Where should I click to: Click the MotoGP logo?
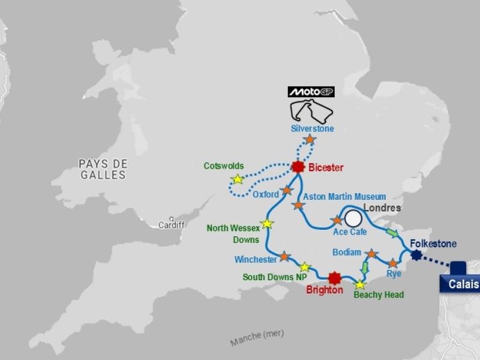(x=311, y=92)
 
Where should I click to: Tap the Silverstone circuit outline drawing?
(x=311, y=110)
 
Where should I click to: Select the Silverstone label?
(x=312, y=128)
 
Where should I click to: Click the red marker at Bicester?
(x=298, y=167)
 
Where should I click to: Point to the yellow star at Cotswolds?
(x=238, y=179)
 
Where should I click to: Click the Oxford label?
(x=265, y=194)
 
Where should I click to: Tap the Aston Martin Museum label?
(x=344, y=196)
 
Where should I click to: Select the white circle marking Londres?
(x=353, y=217)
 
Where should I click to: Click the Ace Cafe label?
(x=345, y=232)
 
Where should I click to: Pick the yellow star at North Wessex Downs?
(x=267, y=224)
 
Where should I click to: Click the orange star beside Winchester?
(x=284, y=256)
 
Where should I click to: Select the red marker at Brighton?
(x=335, y=277)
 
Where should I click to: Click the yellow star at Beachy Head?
(x=360, y=284)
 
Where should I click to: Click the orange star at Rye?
(x=392, y=263)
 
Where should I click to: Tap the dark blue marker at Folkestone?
(x=416, y=255)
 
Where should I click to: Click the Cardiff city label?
(x=172, y=225)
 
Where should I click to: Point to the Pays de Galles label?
(x=103, y=169)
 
